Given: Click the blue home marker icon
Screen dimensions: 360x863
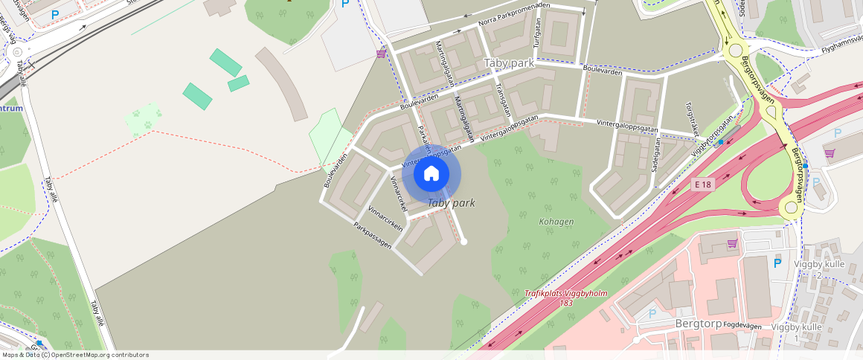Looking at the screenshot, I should tap(431, 174).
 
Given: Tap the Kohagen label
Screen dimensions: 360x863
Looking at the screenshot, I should tap(556, 222).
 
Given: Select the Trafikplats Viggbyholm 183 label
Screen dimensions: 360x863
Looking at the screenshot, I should tap(566, 298).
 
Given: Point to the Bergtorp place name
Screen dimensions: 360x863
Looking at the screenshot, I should tap(699, 324).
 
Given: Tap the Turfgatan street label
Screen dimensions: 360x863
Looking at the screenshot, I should tap(535, 34).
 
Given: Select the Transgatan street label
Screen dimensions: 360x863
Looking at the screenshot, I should tap(503, 99).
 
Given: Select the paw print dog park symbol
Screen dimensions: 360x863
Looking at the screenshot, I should tap(143, 118).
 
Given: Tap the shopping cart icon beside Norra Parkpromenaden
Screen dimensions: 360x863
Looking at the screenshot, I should tap(382, 53).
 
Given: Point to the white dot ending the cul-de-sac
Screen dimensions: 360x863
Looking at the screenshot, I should tap(463, 241).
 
